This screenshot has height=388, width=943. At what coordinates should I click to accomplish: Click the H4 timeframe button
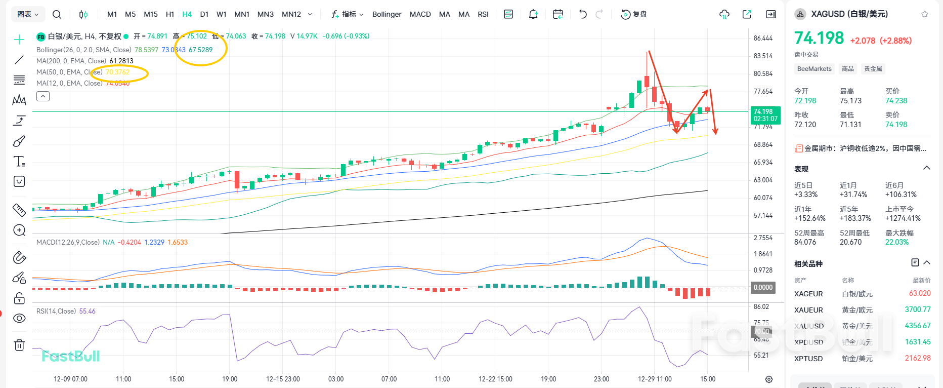(187, 14)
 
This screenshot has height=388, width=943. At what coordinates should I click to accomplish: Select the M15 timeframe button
(150, 14)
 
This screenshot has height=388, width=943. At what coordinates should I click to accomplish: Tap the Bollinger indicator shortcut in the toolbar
(387, 14)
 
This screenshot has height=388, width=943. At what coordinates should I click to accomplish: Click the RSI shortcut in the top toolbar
(483, 14)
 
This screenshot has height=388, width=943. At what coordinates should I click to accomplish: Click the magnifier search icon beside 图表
(57, 14)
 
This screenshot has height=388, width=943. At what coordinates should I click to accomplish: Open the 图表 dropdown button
(28, 14)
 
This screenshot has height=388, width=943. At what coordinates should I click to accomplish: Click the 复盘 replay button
(634, 14)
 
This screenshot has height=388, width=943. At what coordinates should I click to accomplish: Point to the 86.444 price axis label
(763, 38)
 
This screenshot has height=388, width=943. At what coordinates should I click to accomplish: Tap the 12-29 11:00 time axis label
(655, 379)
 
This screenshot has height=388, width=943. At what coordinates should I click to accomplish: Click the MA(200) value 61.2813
(121, 61)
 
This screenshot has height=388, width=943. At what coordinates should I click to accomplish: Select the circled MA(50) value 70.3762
(118, 72)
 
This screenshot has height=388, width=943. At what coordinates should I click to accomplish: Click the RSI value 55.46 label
(87, 311)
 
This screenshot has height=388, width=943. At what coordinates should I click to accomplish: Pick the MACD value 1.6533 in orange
(178, 242)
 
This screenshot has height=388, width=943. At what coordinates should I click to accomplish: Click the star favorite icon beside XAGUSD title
(925, 14)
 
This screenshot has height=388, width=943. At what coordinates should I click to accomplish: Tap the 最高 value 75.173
(850, 101)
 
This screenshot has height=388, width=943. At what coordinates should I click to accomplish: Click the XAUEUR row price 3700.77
(917, 309)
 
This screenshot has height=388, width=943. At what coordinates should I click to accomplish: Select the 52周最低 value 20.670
(850, 242)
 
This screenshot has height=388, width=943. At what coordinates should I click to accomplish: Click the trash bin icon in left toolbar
(19, 345)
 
